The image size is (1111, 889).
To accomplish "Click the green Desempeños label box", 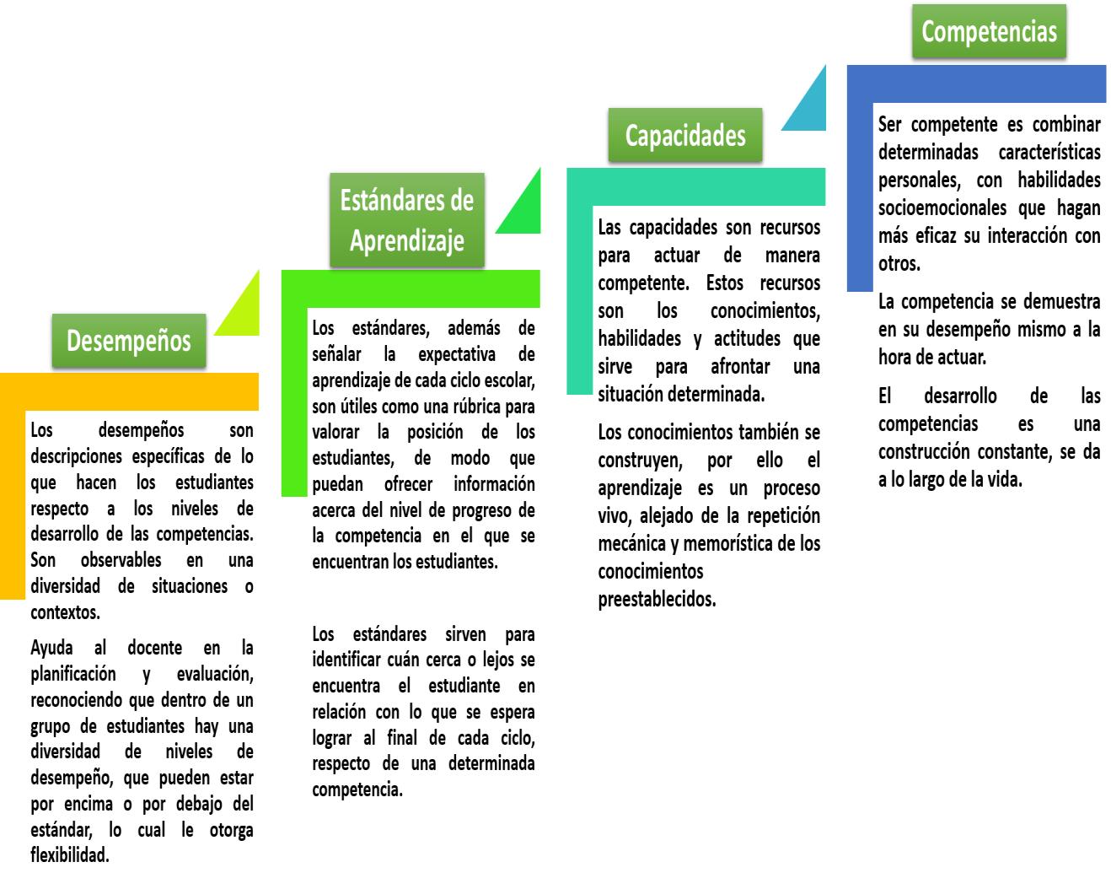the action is click(128, 341).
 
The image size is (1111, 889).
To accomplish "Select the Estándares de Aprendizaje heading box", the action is click(406, 220).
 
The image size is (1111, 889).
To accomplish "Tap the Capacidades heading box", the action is click(684, 135).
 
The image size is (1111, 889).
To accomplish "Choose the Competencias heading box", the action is click(988, 32).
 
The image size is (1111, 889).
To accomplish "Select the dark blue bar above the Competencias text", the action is click(978, 85).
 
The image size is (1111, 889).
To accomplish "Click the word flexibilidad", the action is click(69, 855).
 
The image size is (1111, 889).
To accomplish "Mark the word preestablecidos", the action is click(657, 600).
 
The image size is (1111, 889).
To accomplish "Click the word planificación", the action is click(73, 675).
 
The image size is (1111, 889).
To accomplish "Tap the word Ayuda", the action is click(51, 648).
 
